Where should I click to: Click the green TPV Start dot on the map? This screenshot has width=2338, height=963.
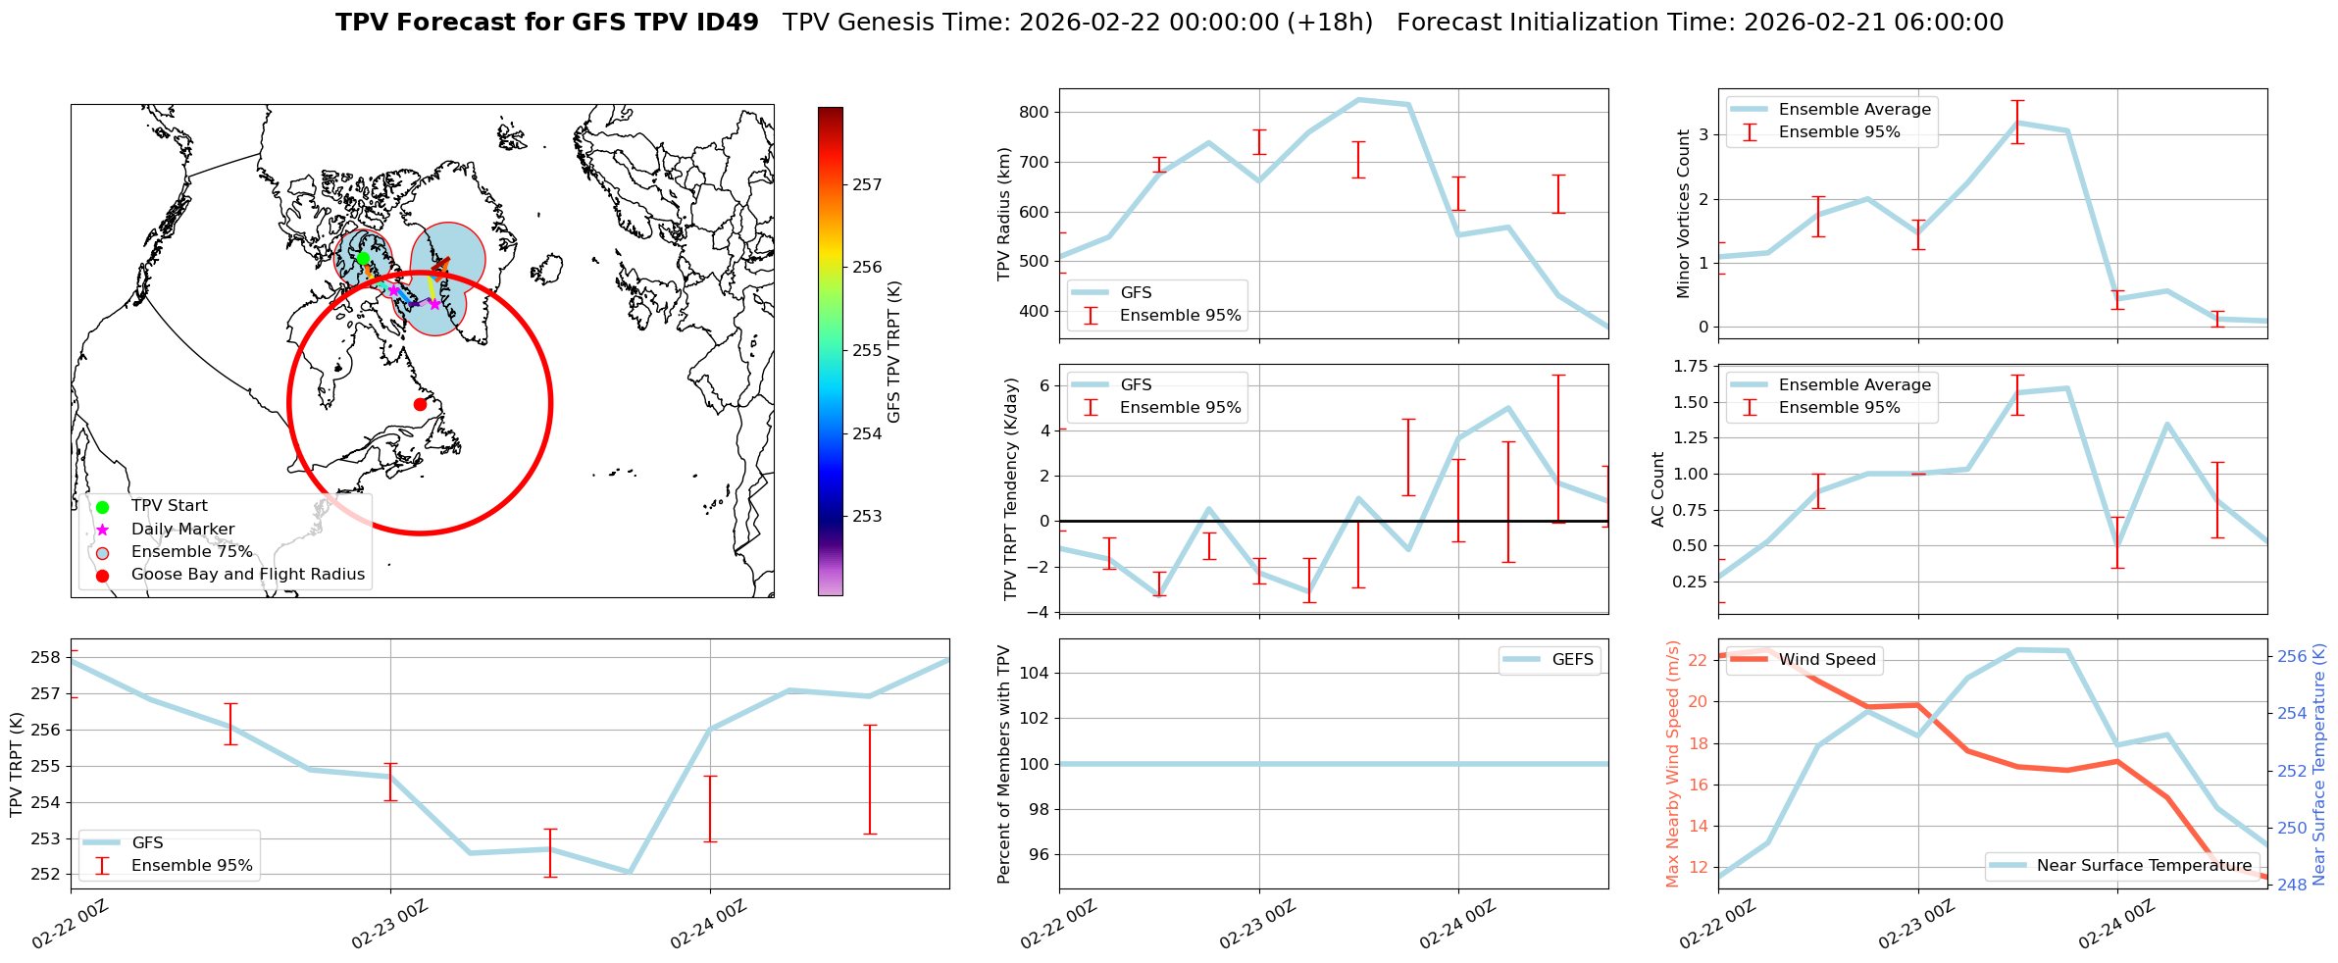pyautogui.click(x=363, y=258)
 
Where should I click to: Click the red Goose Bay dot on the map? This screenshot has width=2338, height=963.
pyautogui.click(x=420, y=404)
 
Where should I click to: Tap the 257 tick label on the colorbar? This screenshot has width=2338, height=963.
pyautogui.click(x=867, y=184)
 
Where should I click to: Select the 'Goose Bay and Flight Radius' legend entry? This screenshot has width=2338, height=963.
pyautogui.click(x=247, y=575)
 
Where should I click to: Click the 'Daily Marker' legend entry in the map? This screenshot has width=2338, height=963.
pyautogui.click(x=182, y=530)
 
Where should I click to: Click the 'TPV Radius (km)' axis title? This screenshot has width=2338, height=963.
pyautogui.click(x=1004, y=214)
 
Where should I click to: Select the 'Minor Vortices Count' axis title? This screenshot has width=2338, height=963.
pyautogui.click(x=1683, y=214)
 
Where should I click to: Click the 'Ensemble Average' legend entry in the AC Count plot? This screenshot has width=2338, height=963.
pyautogui.click(x=1854, y=385)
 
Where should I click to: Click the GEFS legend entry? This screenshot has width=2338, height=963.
pyautogui.click(x=1572, y=660)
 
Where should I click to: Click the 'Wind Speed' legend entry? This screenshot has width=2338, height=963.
pyautogui.click(x=1826, y=660)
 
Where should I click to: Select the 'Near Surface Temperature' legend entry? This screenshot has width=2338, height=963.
pyautogui.click(x=2144, y=866)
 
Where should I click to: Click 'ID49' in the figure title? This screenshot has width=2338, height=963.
pyautogui.click(x=728, y=23)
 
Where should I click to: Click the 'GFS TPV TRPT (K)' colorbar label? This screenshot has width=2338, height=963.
pyautogui.click(x=893, y=351)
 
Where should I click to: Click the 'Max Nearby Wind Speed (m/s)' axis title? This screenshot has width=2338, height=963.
pyautogui.click(x=1673, y=764)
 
